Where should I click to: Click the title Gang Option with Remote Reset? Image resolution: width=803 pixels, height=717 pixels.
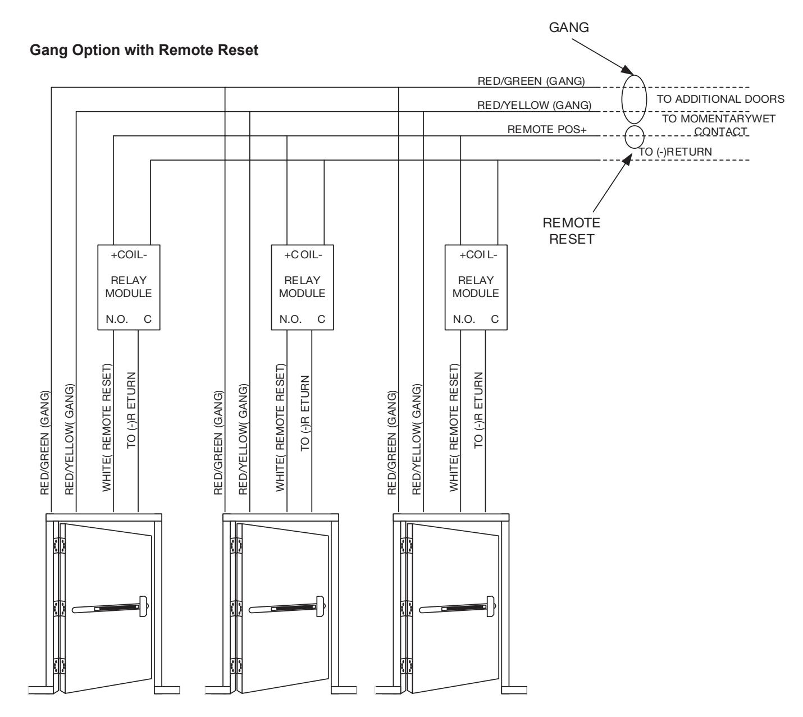[144, 51]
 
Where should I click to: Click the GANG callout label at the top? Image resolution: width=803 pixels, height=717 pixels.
[569, 28]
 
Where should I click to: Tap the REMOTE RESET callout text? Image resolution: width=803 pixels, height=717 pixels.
[571, 231]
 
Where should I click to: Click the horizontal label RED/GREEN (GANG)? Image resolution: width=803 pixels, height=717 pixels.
[531, 81]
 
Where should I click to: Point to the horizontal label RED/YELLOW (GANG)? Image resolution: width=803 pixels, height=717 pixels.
[534, 105]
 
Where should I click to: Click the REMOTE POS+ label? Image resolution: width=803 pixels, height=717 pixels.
[547, 129]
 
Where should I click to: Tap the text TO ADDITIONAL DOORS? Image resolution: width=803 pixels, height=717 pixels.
[720, 99]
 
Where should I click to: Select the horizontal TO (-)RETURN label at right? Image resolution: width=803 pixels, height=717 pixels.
[676, 152]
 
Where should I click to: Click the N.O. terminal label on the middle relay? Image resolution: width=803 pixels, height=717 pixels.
[290, 319]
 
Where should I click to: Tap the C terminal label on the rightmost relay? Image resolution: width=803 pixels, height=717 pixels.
[495, 319]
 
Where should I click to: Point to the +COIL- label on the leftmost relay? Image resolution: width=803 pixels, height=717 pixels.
[129, 254]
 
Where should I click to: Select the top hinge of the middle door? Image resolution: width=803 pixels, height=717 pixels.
[236, 545]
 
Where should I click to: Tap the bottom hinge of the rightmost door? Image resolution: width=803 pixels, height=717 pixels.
[406, 666]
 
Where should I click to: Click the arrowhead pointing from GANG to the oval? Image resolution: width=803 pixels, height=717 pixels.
[628, 70]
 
